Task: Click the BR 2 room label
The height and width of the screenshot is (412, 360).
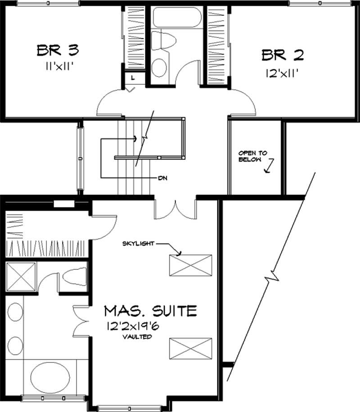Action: click(x=282, y=55)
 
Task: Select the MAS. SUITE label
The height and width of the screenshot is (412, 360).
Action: click(x=151, y=311)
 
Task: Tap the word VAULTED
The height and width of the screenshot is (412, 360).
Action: click(x=139, y=337)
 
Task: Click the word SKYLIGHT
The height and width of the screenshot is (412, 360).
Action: click(x=139, y=244)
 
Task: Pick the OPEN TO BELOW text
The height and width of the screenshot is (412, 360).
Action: click(x=252, y=156)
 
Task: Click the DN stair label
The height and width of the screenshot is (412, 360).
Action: click(x=163, y=178)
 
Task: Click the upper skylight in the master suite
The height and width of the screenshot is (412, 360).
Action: click(x=190, y=265)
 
